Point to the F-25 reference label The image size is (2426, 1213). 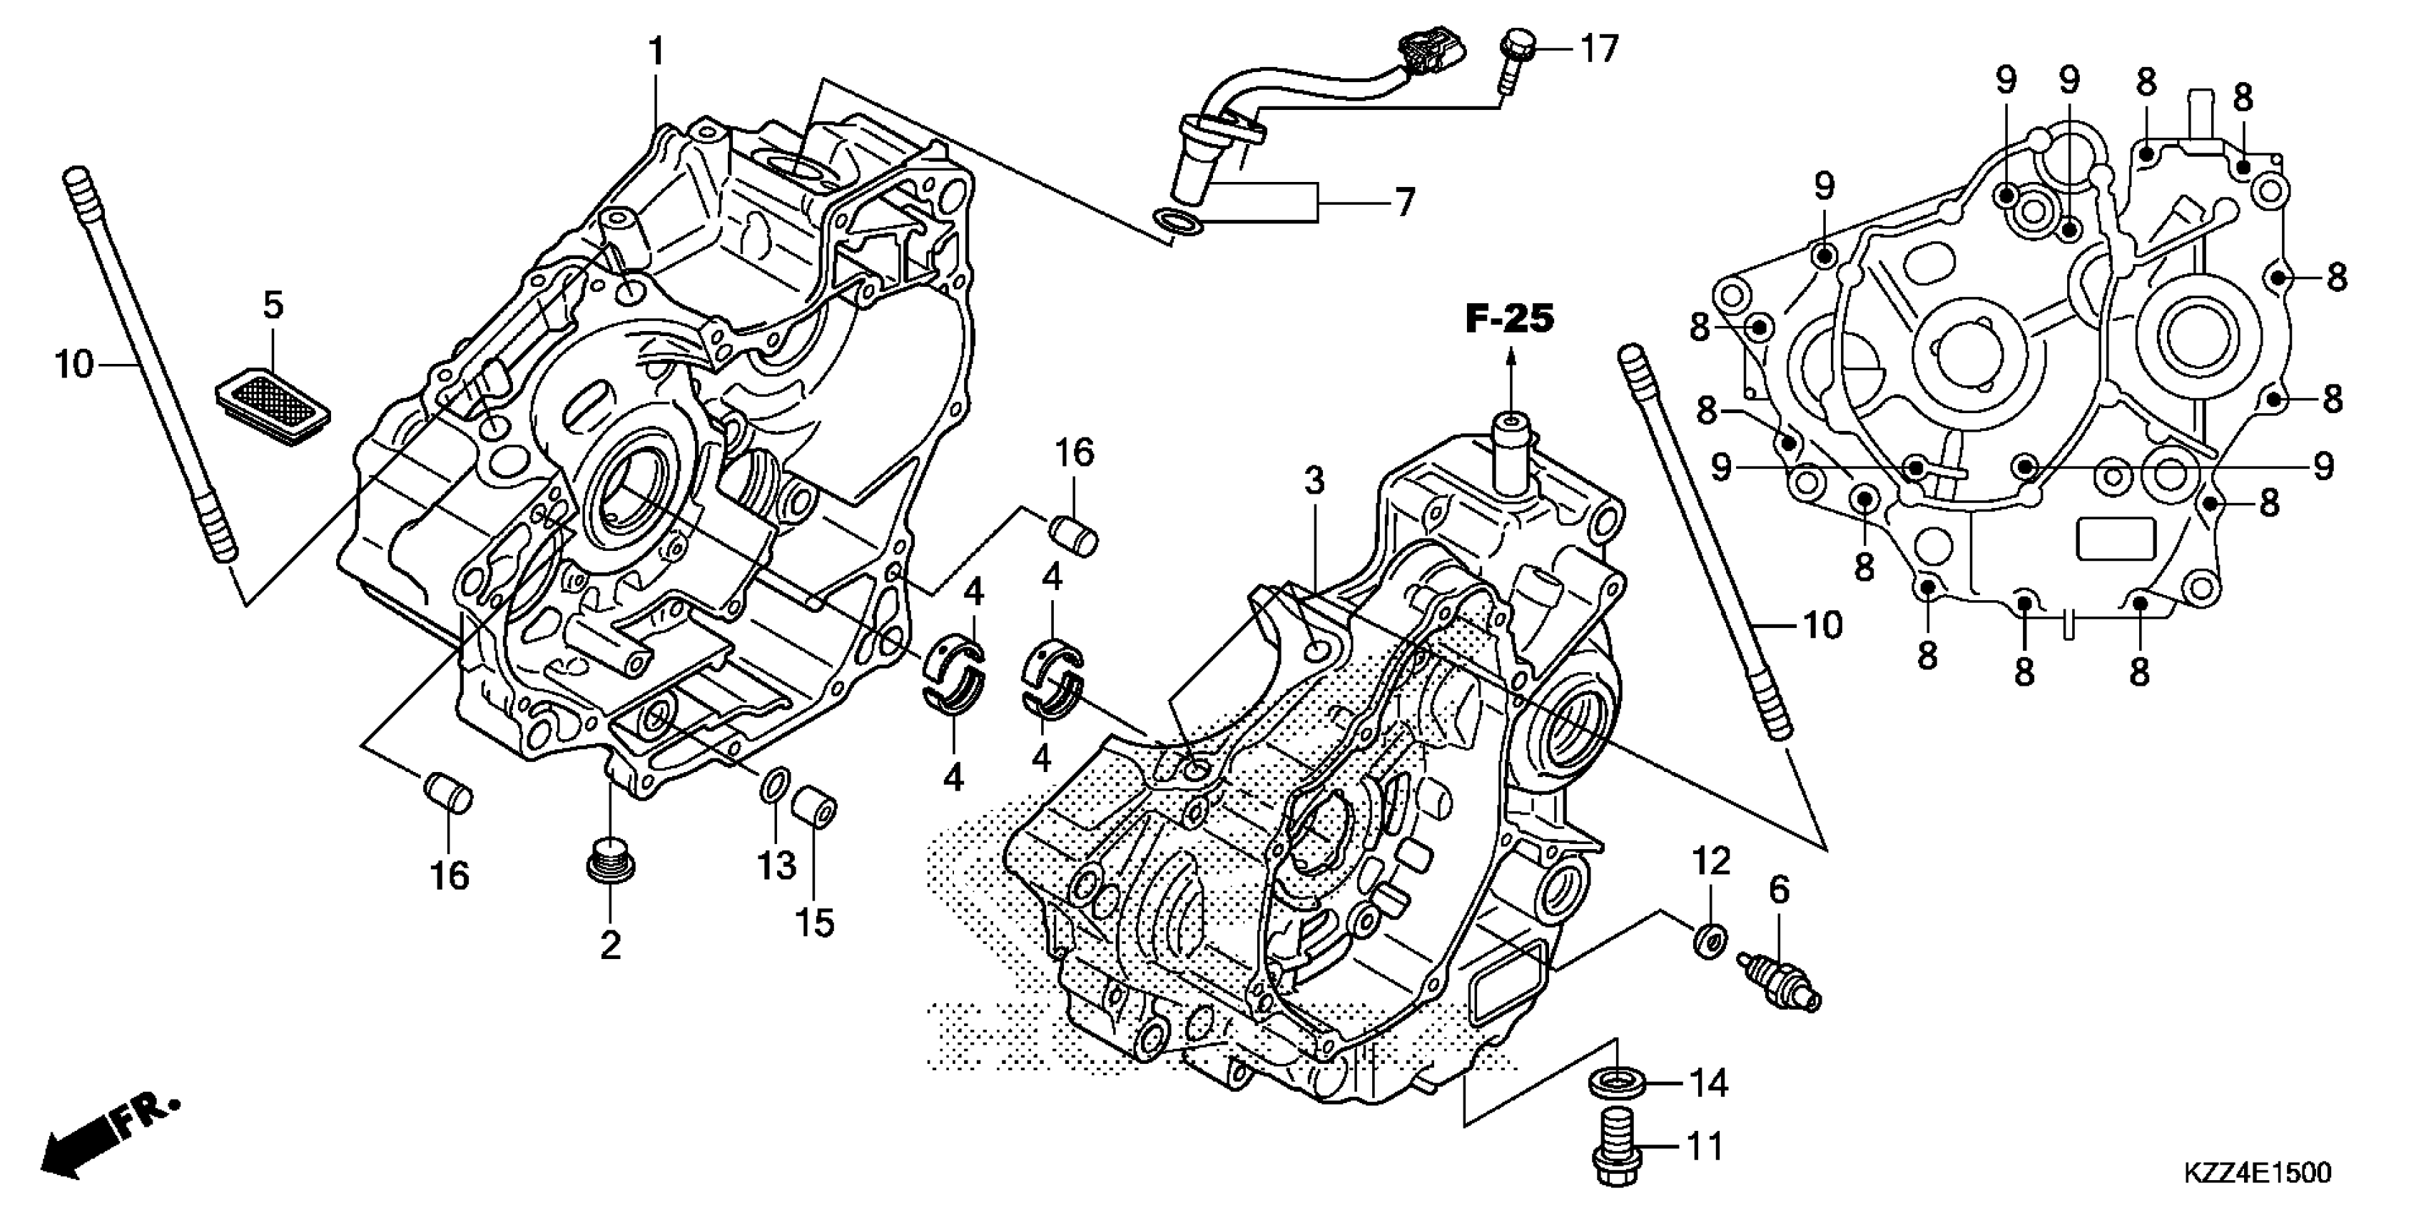(x=1510, y=319)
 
